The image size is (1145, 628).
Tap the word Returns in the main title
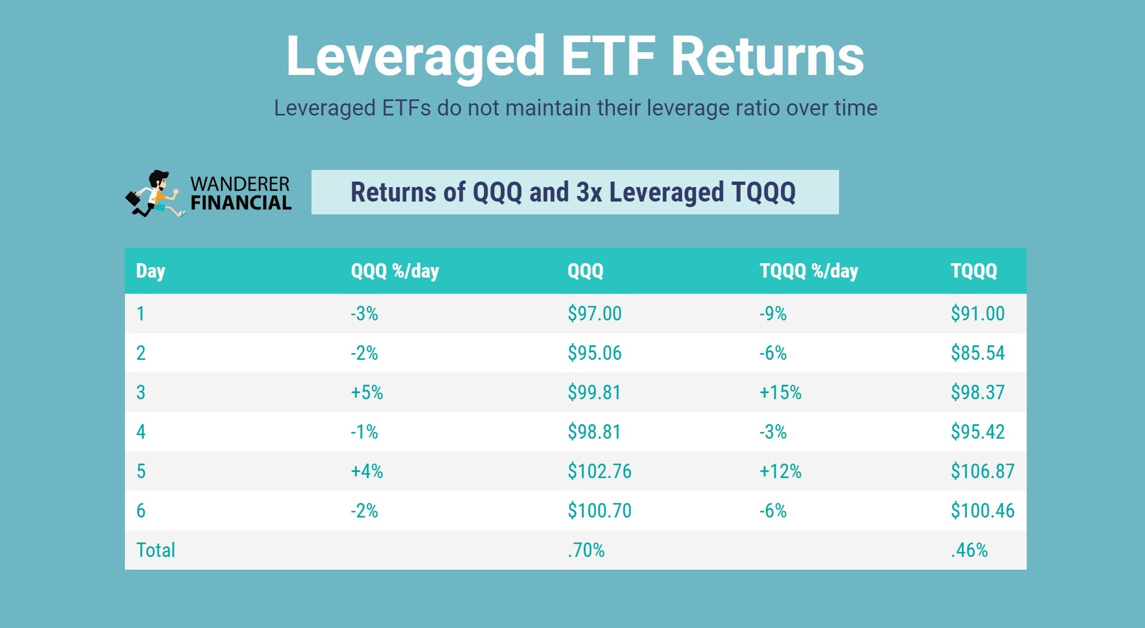[x=767, y=57]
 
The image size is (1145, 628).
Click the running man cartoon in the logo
[x=155, y=194]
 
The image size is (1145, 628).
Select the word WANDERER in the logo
[x=240, y=184]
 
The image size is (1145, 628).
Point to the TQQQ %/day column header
[x=808, y=271]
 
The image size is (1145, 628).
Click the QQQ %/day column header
[x=395, y=271]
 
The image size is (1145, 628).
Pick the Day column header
[x=150, y=271]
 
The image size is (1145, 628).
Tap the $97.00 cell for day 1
[x=594, y=314]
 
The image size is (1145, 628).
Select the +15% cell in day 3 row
[x=780, y=393]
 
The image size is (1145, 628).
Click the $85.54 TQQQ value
[x=977, y=353]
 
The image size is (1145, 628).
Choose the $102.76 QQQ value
[x=599, y=471]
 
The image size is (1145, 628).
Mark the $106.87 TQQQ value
[x=982, y=471]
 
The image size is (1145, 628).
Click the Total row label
[x=155, y=550]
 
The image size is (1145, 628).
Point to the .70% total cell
[x=586, y=550]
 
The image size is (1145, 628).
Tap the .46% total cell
[x=969, y=550]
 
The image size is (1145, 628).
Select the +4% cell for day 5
[x=366, y=471]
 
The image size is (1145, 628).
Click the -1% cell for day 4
[x=364, y=432]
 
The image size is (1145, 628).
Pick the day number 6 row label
[x=141, y=511]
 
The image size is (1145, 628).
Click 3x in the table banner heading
[x=589, y=192]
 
